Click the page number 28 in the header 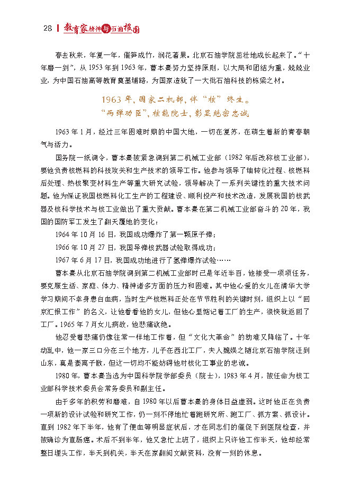pyautogui.click(x=47, y=29)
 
